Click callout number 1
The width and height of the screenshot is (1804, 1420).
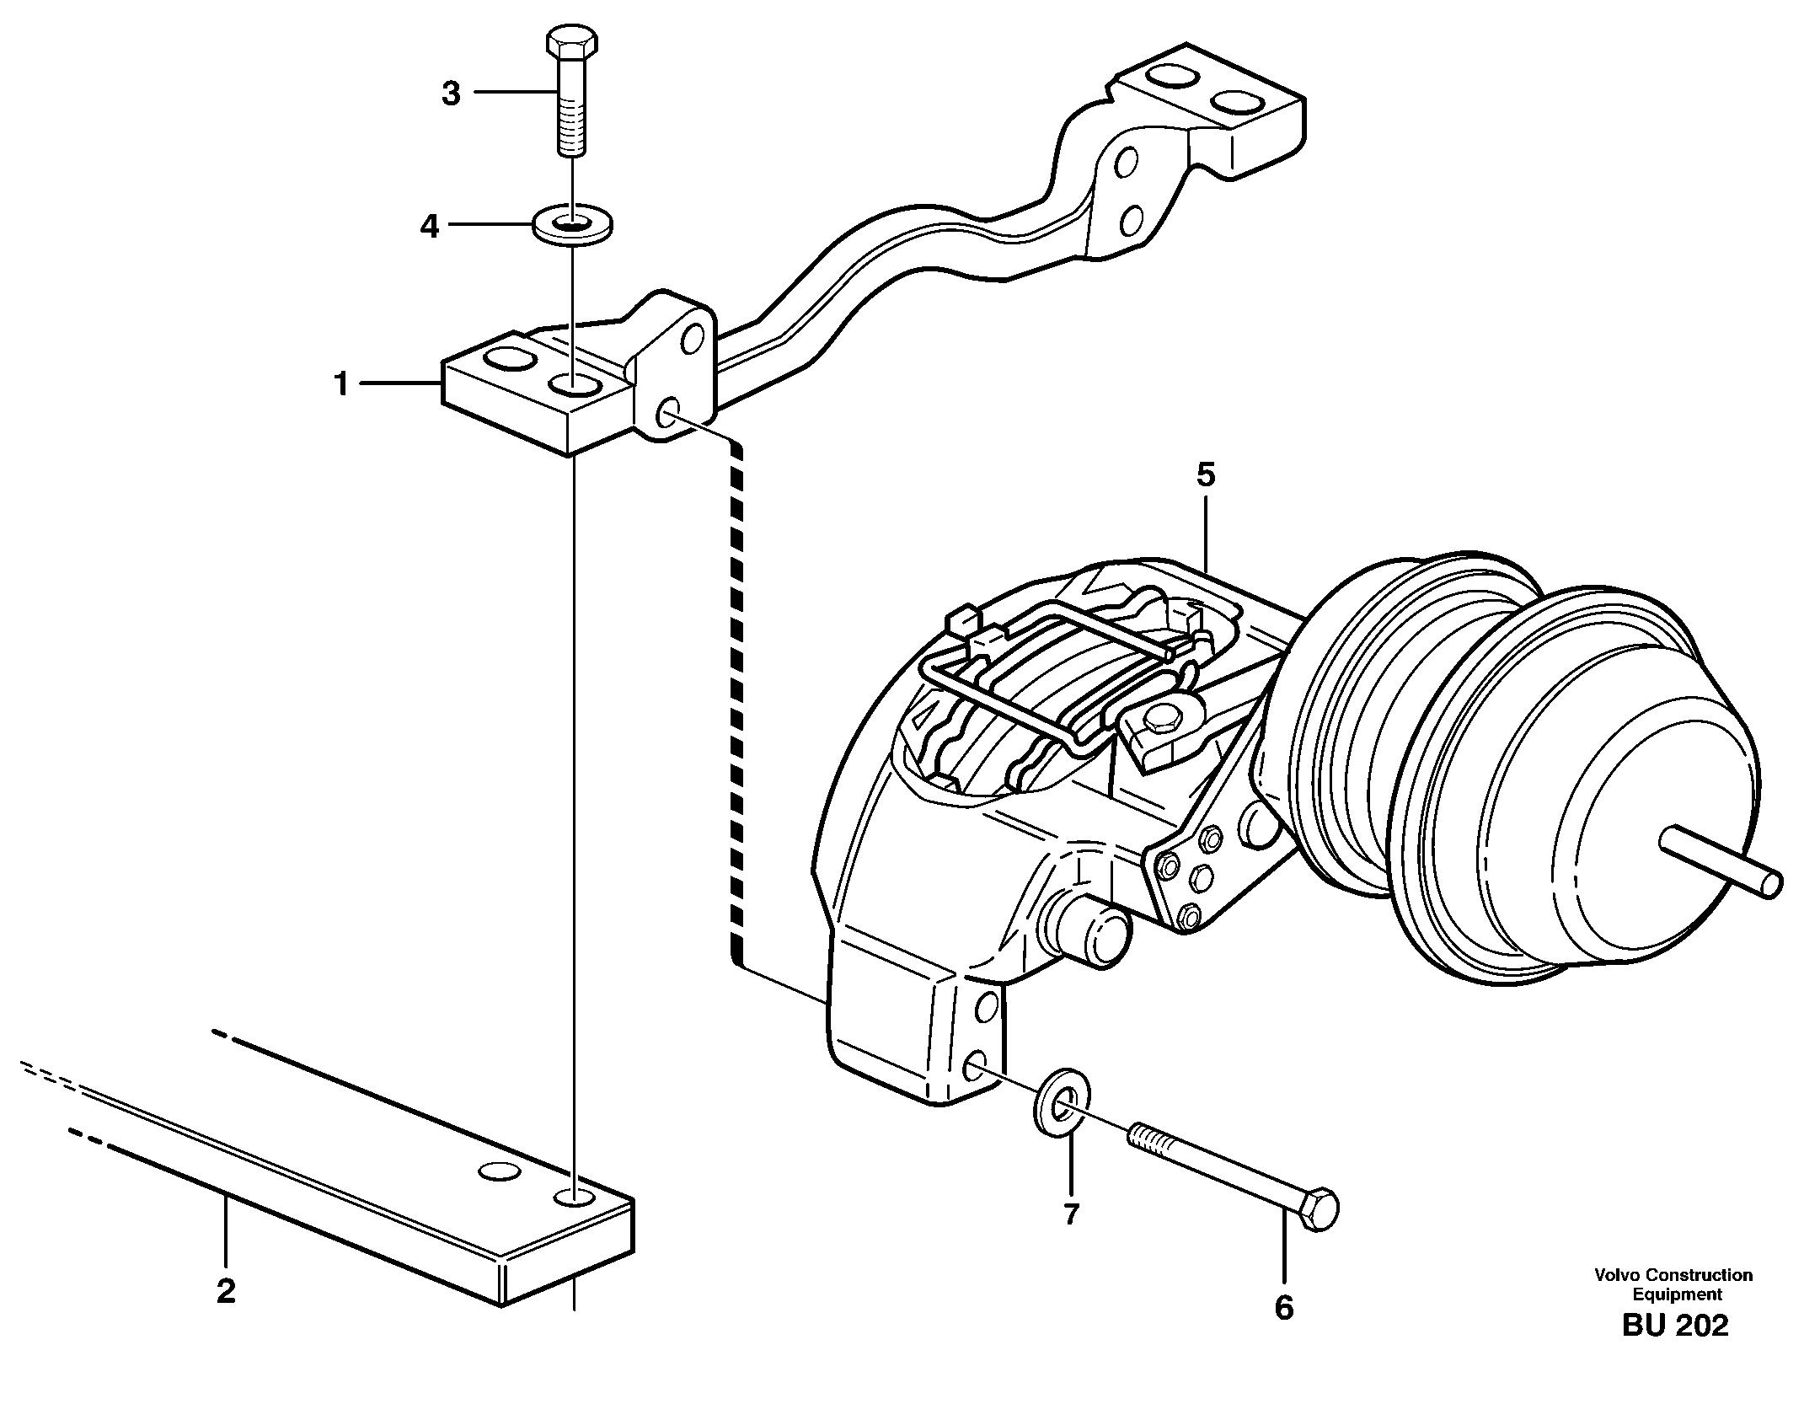(x=340, y=385)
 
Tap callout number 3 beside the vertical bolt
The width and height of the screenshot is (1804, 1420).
(x=452, y=94)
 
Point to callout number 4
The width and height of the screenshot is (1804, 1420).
(x=430, y=226)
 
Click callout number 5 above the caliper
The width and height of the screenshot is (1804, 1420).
(x=1206, y=476)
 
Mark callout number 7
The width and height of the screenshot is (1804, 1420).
(x=1071, y=1214)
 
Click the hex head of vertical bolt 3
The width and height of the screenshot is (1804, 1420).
(x=572, y=40)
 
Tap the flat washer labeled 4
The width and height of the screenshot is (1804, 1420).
(x=573, y=225)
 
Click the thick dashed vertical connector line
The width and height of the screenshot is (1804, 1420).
(x=737, y=699)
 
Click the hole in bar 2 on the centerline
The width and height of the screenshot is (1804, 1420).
(x=574, y=1198)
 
